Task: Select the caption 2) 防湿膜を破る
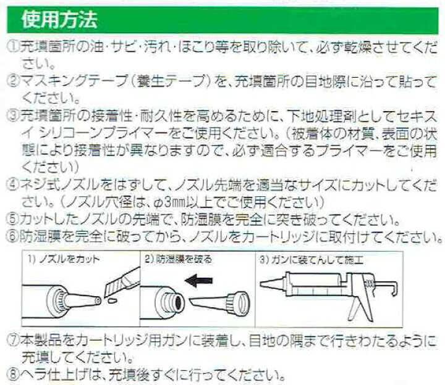(177, 259)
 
